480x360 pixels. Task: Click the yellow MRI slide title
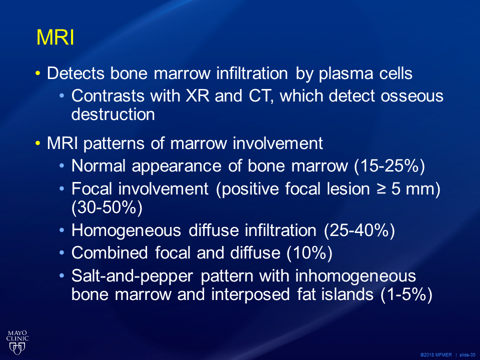(55, 37)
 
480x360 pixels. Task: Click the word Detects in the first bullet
(75, 73)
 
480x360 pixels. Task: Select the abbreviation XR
(198, 96)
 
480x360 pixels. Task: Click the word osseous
(412, 96)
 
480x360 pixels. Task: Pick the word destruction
(113, 114)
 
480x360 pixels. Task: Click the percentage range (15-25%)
(389, 166)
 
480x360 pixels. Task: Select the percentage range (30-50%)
(107, 208)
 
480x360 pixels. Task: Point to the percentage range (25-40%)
(359, 230)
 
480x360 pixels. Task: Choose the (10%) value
(309, 253)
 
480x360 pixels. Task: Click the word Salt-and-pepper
(132, 276)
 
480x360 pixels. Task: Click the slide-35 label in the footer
(467, 355)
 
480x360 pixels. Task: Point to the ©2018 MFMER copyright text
(436, 355)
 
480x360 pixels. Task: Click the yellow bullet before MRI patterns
(37, 143)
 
